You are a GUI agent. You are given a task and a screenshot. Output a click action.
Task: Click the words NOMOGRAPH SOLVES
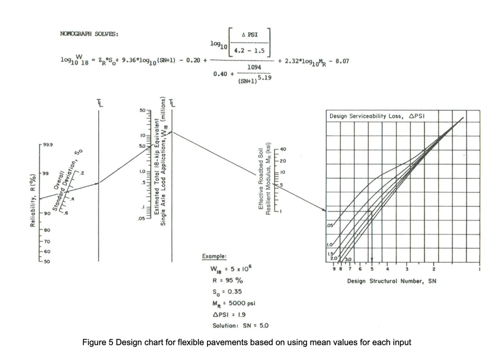pyautogui.click(x=89, y=34)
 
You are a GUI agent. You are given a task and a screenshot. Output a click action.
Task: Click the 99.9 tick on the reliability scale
pyautogui.click(x=48, y=144)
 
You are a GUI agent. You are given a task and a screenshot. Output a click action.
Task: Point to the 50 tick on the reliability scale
pyautogui.click(x=46, y=262)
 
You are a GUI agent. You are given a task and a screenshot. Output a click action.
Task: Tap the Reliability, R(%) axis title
pyautogui.click(x=32, y=201)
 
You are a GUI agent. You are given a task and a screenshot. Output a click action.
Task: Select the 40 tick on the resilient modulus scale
pyautogui.click(x=283, y=149)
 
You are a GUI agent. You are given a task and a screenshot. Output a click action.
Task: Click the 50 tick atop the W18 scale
pyautogui.click(x=142, y=111)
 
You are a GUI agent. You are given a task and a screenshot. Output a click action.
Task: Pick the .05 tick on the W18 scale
pyautogui.click(x=142, y=218)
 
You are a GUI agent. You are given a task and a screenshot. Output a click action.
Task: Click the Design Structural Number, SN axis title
pyautogui.click(x=391, y=281)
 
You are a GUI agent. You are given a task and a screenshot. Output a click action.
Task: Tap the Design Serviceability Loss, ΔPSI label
pyautogui.click(x=377, y=116)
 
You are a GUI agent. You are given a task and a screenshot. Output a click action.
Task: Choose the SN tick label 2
pyautogui.click(x=434, y=269)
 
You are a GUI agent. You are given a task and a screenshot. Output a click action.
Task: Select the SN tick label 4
pyautogui.click(x=387, y=269)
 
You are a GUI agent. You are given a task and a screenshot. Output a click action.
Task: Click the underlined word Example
pyautogui.click(x=214, y=256)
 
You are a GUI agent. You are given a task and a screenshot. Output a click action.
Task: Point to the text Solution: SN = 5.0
pyautogui.click(x=240, y=325)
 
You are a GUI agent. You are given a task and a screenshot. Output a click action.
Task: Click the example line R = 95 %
pyautogui.click(x=227, y=280)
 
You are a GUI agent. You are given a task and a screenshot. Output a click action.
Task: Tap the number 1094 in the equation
pyautogui.click(x=254, y=67)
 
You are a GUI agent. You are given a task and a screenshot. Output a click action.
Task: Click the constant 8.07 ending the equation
pyautogui.click(x=342, y=61)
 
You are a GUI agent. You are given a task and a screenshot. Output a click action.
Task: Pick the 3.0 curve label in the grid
pyautogui.click(x=348, y=259)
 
